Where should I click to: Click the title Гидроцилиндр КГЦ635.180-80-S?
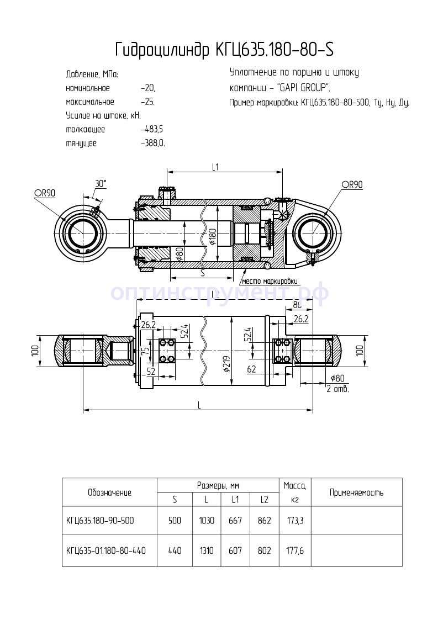(x=224, y=51)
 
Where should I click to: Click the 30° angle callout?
(x=101, y=183)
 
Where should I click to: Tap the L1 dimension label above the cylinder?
(x=216, y=167)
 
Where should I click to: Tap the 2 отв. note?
(x=337, y=389)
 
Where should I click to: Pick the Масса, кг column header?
(x=294, y=492)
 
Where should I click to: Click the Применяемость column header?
(x=356, y=492)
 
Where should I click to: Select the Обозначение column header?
(x=109, y=492)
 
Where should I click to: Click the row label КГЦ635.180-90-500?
(x=100, y=521)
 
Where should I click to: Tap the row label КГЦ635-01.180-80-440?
(x=105, y=550)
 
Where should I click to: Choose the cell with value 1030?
(x=207, y=521)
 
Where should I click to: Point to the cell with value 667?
(x=235, y=521)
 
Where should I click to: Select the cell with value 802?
(x=264, y=550)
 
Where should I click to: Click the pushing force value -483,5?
(x=152, y=130)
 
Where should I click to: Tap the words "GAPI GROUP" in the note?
(x=303, y=88)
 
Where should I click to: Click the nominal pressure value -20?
(x=148, y=88)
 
